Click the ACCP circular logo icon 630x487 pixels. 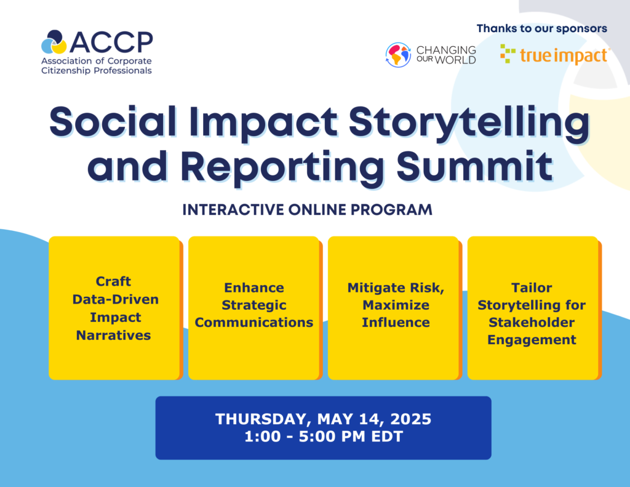point(54,42)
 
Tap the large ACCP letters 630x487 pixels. point(111,42)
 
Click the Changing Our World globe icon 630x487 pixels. point(398,55)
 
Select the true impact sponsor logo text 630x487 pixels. point(564,55)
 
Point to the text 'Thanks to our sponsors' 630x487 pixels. point(541,28)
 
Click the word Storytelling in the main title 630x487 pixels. point(469,123)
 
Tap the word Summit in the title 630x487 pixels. point(474,166)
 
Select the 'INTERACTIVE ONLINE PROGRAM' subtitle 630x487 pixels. point(308,209)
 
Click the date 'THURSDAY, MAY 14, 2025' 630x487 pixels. point(324,419)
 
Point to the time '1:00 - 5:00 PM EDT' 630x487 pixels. point(324,437)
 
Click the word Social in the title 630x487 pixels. point(113,121)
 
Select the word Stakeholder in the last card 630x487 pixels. point(532,322)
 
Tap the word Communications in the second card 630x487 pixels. point(254,322)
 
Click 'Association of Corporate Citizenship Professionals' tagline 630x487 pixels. point(97,66)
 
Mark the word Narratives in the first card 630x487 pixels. point(114,335)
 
